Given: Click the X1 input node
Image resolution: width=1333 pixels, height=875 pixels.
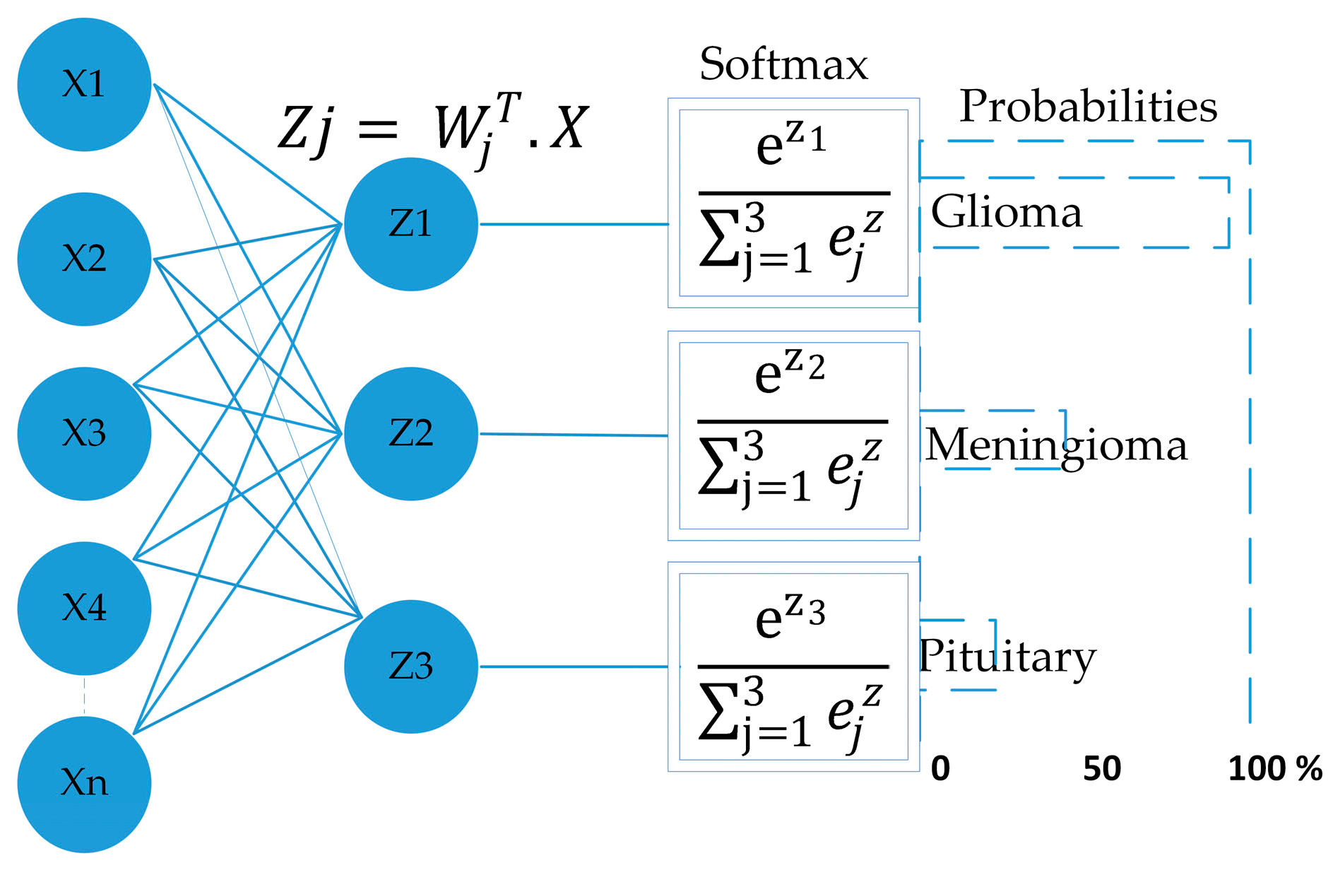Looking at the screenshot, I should click(84, 84).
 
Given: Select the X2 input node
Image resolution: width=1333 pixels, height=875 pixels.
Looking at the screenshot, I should click(84, 259).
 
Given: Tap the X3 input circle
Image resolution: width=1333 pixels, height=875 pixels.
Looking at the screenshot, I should click(84, 433).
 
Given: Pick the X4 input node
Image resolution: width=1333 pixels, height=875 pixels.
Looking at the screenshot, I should click(84, 608).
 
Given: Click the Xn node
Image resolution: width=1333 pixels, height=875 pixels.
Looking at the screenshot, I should click(84, 783).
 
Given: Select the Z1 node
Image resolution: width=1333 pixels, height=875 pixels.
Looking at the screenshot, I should click(410, 224).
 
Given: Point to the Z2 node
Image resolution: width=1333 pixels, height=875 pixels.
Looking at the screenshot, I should click(410, 433).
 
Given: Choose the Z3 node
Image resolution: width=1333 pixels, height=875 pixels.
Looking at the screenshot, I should click(410, 666).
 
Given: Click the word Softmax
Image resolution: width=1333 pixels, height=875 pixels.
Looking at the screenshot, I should click(783, 65).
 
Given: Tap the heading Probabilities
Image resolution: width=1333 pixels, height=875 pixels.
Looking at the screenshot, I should click(1088, 107).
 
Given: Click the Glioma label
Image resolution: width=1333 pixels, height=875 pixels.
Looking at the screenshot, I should click(1006, 212).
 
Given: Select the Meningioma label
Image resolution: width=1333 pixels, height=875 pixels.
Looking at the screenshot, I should click(1055, 446).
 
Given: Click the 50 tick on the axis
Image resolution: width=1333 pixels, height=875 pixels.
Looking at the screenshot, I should click(1101, 768).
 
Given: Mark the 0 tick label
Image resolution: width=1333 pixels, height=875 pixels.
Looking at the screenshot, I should click(940, 768).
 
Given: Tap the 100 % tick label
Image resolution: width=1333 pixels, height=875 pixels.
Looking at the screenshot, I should click(1274, 768).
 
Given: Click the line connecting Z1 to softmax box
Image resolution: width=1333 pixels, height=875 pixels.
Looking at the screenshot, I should click(574, 224).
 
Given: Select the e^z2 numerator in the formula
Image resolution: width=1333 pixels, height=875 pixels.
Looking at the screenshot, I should click(789, 372).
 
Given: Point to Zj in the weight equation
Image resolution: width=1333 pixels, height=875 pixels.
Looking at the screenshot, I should click(305, 129).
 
